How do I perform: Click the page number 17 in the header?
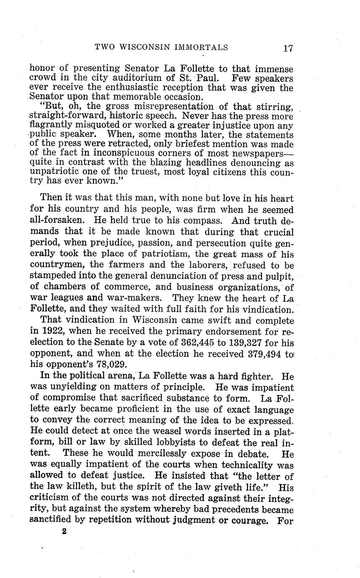click(x=287, y=48)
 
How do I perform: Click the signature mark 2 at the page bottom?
click(x=64, y=532)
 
